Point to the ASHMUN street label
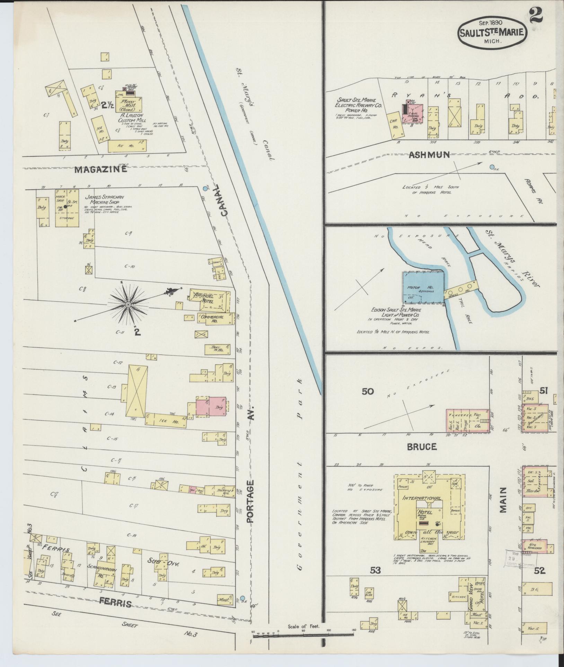429,155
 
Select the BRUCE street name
422,447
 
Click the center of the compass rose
128,305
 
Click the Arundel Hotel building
210,299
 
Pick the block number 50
368,391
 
